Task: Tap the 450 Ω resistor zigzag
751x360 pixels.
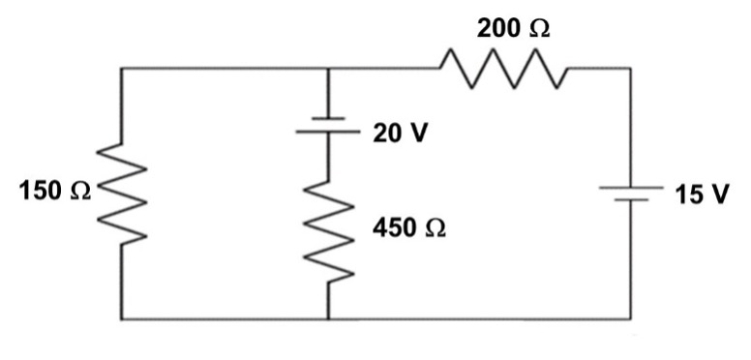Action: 329,233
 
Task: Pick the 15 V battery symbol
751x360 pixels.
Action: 631,194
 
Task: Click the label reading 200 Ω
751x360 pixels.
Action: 513,29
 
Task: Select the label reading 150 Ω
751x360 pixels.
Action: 54,192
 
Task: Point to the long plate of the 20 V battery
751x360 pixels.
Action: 329,132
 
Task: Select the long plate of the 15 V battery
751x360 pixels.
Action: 631,188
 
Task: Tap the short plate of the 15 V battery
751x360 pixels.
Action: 631,200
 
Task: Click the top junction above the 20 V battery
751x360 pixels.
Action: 329,69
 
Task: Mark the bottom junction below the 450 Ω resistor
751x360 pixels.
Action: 329,318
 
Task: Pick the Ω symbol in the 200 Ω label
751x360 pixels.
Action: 538,29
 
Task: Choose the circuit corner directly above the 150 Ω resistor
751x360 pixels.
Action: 121,69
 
